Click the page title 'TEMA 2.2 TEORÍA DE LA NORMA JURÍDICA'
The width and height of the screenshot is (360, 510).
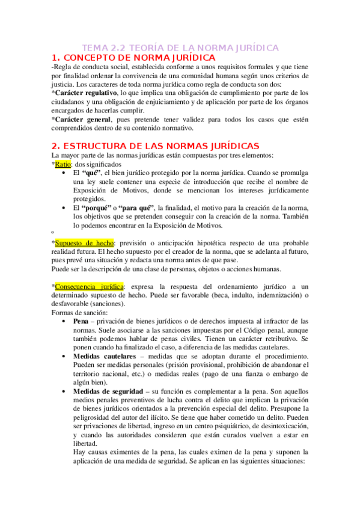tap(180, 47)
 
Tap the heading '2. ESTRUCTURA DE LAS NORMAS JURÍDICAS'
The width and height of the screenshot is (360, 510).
tap(147, 146)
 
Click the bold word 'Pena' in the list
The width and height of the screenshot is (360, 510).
tap(81, 322)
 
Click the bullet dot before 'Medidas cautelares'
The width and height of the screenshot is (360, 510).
tap(64, 357)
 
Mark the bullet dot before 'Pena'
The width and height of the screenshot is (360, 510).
tap(64, 322)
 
